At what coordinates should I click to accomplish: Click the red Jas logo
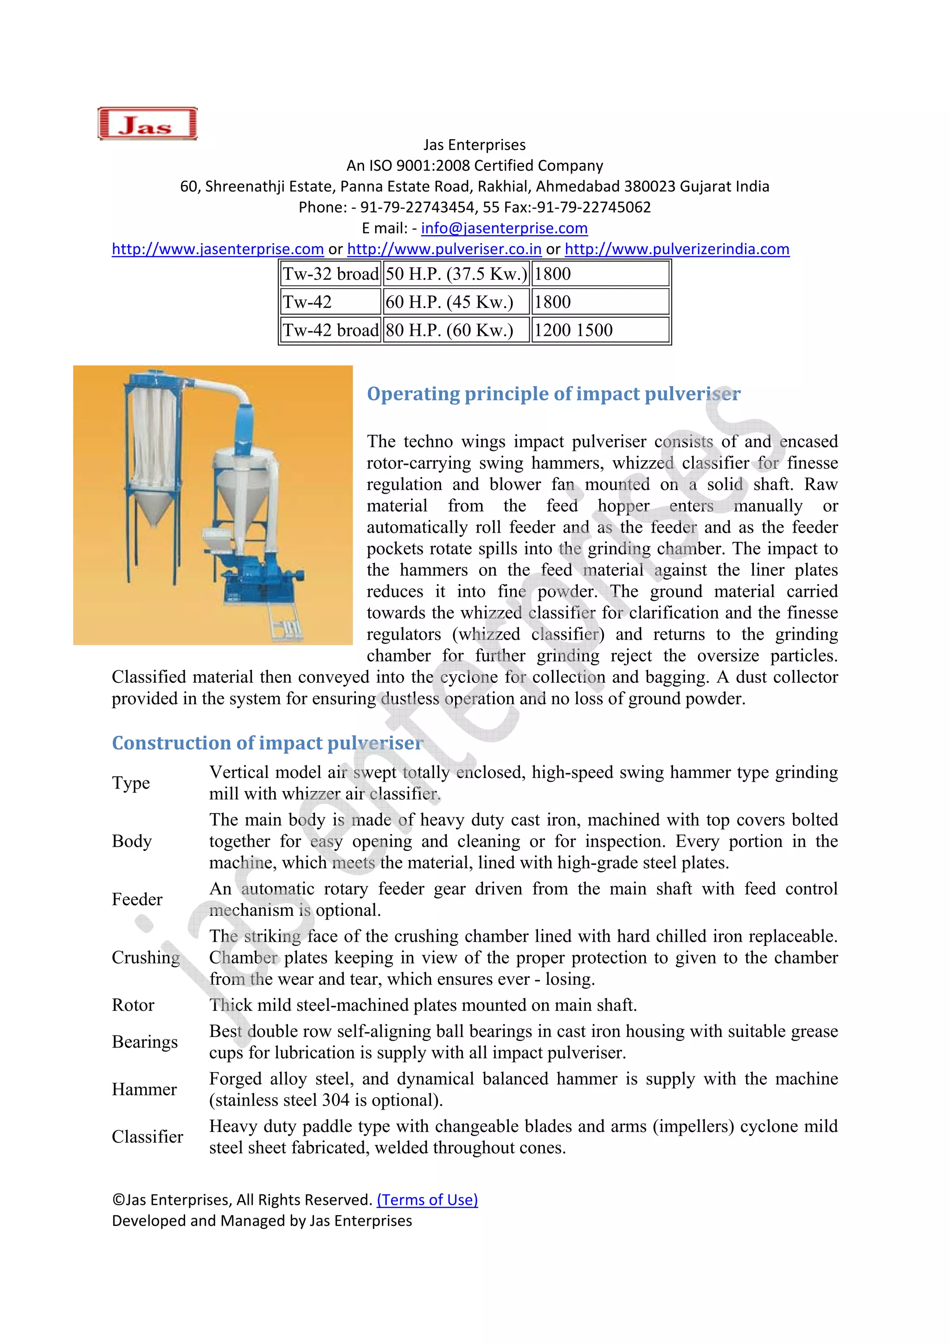click(147, 123)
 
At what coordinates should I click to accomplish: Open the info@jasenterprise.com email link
click(504, 228)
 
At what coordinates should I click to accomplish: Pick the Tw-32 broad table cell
click(331, 274)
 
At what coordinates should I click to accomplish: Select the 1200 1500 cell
click(600, 330)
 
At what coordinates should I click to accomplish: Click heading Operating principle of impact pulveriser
click(553, 393)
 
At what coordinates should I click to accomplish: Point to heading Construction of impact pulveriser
click(267, 742)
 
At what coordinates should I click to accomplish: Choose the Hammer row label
click(144, 1089)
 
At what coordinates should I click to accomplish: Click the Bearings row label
click(145, 1042)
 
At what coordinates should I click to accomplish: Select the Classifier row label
click(147, 1136)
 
